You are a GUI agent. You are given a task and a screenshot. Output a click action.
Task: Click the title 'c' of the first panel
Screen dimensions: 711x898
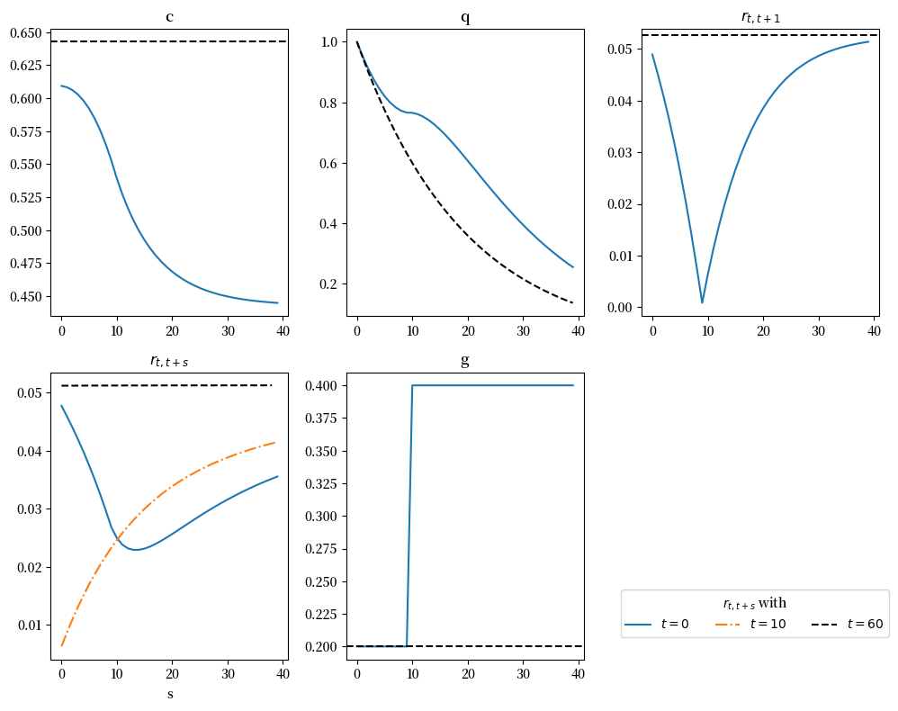pos(169,17)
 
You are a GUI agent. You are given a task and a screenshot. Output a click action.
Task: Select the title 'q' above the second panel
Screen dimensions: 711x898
pos(465,17)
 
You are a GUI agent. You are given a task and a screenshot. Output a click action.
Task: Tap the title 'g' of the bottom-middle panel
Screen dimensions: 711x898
pos(465,361)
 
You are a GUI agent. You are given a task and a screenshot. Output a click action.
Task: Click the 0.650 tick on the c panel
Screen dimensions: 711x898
pos(26,33)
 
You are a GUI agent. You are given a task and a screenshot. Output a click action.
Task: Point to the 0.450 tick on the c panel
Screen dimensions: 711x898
pos(26,297)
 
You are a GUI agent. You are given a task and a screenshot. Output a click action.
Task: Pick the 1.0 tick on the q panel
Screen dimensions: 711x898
pos(329,42)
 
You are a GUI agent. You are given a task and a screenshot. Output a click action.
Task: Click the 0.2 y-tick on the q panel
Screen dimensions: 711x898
pos(329,284)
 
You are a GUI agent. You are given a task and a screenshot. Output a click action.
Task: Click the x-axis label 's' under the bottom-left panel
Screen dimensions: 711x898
pos(169,694)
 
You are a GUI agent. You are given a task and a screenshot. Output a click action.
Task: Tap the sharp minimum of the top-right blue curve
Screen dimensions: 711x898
pos(702,302)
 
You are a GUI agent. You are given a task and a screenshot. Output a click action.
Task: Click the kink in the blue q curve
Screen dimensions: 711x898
pos(410,112)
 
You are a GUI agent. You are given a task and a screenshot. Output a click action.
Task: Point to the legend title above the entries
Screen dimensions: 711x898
pos(754,604)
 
